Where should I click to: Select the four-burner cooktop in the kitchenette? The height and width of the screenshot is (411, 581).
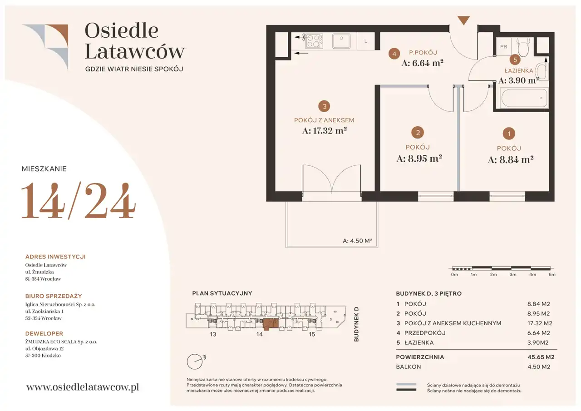coord(314,41)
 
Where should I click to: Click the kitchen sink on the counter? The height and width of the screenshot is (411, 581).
coord(341,41)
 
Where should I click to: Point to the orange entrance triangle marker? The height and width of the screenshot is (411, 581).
coord(463,20)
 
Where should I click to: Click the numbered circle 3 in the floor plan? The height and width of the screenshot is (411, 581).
coord(324,106)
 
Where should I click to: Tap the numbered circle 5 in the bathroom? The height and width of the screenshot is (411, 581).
coord(515,59)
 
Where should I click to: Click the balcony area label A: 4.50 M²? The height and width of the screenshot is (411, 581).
coord(357,241)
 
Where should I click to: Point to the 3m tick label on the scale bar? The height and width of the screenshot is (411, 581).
coord(513,274)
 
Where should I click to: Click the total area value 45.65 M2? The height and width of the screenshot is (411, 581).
coord(541,357)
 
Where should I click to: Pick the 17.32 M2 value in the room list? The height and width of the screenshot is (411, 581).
coord(540,323)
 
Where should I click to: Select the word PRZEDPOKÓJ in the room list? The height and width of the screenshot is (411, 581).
coord(425,333)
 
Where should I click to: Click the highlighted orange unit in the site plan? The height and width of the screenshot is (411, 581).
coord(270,324)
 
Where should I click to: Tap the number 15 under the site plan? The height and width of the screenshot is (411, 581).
coord(312,334)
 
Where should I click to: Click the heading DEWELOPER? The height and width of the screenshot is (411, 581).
coord(44,333)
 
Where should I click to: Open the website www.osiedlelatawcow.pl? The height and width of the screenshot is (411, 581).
coord(83,387)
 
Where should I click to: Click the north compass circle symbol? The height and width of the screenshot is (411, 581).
coord(195,361)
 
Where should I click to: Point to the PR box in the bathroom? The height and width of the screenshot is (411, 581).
coord(503,47)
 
